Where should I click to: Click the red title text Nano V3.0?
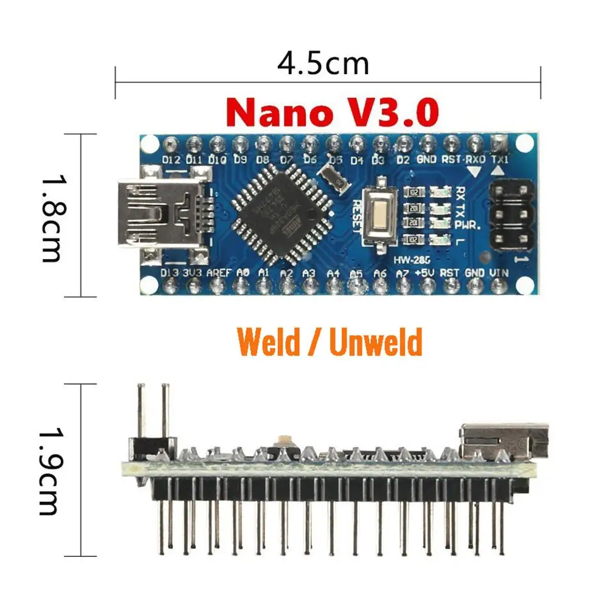coord(333,112)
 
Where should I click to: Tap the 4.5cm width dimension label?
coord(323,63)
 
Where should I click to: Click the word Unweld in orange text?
coord(375,342)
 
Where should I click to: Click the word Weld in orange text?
coord(269,342)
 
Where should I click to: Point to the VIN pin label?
coord(498,274)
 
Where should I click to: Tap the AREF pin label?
coord(218,274)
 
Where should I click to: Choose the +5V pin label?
coord(426,274)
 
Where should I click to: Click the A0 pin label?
coord(242,274)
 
